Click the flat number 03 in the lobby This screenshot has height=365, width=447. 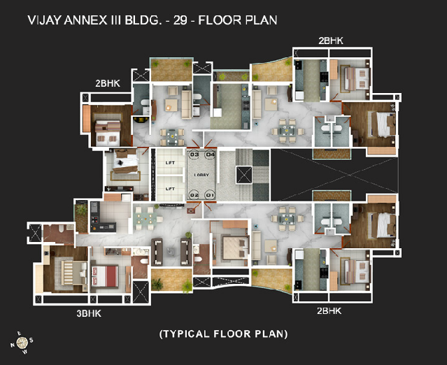194,155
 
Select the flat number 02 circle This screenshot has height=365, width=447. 194,194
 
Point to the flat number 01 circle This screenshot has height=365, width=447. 208,194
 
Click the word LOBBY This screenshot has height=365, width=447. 201,175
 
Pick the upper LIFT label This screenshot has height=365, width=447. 169,163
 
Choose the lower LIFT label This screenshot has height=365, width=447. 169,189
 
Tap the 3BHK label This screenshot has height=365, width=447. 89,313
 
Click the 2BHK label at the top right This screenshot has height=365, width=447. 330,41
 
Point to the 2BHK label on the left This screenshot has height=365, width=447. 108,83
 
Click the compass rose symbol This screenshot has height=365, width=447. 22,342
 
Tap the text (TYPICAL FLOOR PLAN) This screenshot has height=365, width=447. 223,334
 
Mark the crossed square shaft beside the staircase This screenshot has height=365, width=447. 244,175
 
